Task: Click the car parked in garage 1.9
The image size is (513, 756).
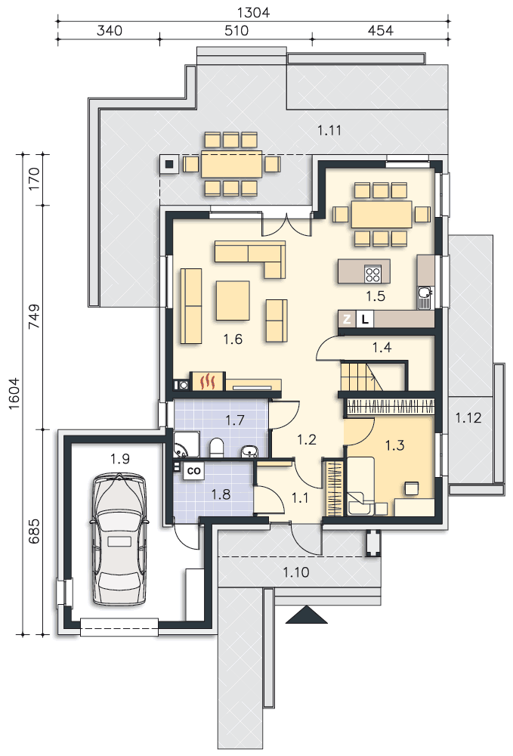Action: tap(119, 538)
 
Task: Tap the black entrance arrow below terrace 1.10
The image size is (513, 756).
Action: tap(306, 615)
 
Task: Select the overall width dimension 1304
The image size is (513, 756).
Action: tap(253, 12)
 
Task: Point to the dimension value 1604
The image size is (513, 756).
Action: tap(14, 393)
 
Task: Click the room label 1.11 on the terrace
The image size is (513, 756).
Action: tap(329, 130)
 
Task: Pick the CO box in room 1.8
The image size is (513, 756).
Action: tap(193, 470)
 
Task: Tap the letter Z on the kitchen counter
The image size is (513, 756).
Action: tap(346, 319)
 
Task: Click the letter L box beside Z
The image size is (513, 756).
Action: tap(365, 319)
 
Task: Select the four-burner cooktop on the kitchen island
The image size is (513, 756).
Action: tap(372, 274)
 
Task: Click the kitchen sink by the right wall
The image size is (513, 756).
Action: tap(425, 297)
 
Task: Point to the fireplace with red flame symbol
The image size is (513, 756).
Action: tap(208, 381)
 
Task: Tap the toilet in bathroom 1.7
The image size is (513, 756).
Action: tap(216, 447)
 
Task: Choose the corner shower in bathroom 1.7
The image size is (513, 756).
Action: tap(186, 444)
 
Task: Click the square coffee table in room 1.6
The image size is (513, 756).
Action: tap(233, 301)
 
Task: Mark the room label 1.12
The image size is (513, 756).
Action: tap(468, 417)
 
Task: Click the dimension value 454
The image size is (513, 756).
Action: tap(380, 30)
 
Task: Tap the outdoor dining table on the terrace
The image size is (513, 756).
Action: tap(232, 164)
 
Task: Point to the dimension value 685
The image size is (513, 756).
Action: tap(34, 531)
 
